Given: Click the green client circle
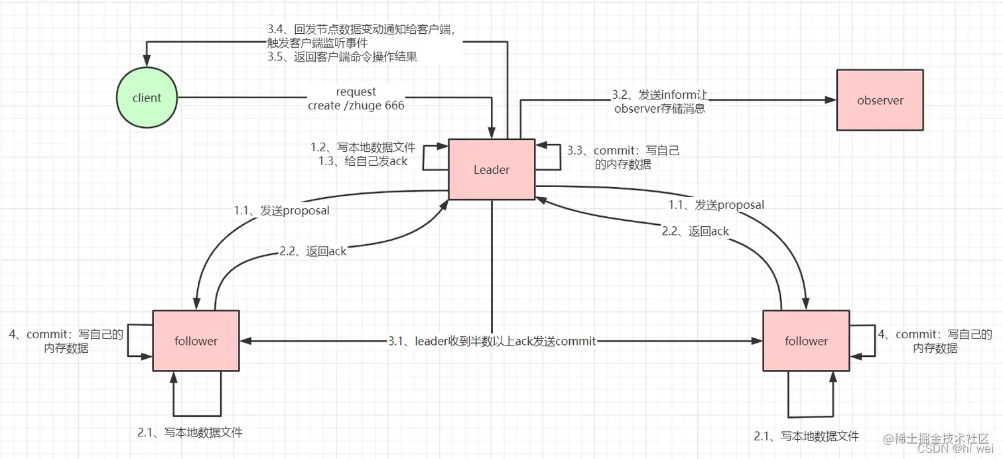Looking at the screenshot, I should pos(147,98).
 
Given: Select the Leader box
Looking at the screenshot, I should pos(492,169).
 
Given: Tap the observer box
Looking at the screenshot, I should pos(880,100).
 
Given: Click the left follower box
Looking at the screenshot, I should pos(196,341).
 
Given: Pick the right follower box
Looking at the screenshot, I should pos(806,341).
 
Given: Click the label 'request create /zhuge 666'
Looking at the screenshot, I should pos(356,99).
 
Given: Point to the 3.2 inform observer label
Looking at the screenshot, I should pos(659,101).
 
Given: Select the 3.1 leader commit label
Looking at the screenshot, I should pos(492,341).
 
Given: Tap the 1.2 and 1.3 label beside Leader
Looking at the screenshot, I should pos(363,154).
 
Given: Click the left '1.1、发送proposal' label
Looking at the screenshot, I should pos(281,210).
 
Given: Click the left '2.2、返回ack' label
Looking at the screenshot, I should pos(312,251).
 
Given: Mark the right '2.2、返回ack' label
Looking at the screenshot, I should pos(695,231).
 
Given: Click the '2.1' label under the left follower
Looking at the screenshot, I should pos(190,432).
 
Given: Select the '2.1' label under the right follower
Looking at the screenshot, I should pos(806,436).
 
